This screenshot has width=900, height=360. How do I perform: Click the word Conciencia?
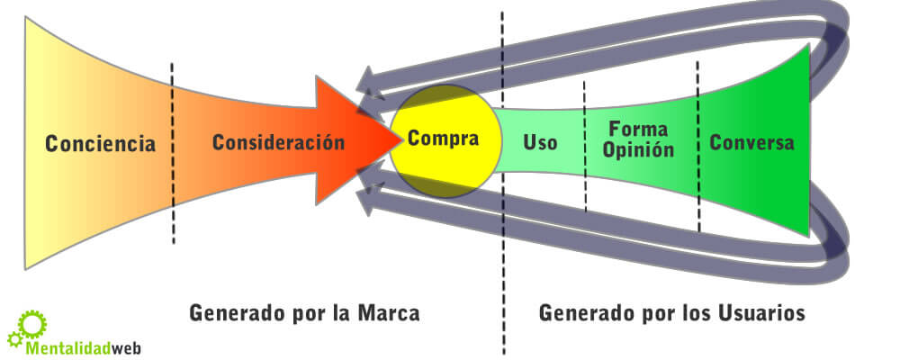click(101, 144)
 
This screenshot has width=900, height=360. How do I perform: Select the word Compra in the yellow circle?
click(442, 140)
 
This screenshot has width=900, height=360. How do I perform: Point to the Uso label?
click(540, 143)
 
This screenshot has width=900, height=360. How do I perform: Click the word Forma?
click(637, 129)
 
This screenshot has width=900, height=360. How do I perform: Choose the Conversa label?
click(751, 143)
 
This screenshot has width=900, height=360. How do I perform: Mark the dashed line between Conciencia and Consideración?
click(173, 153)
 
